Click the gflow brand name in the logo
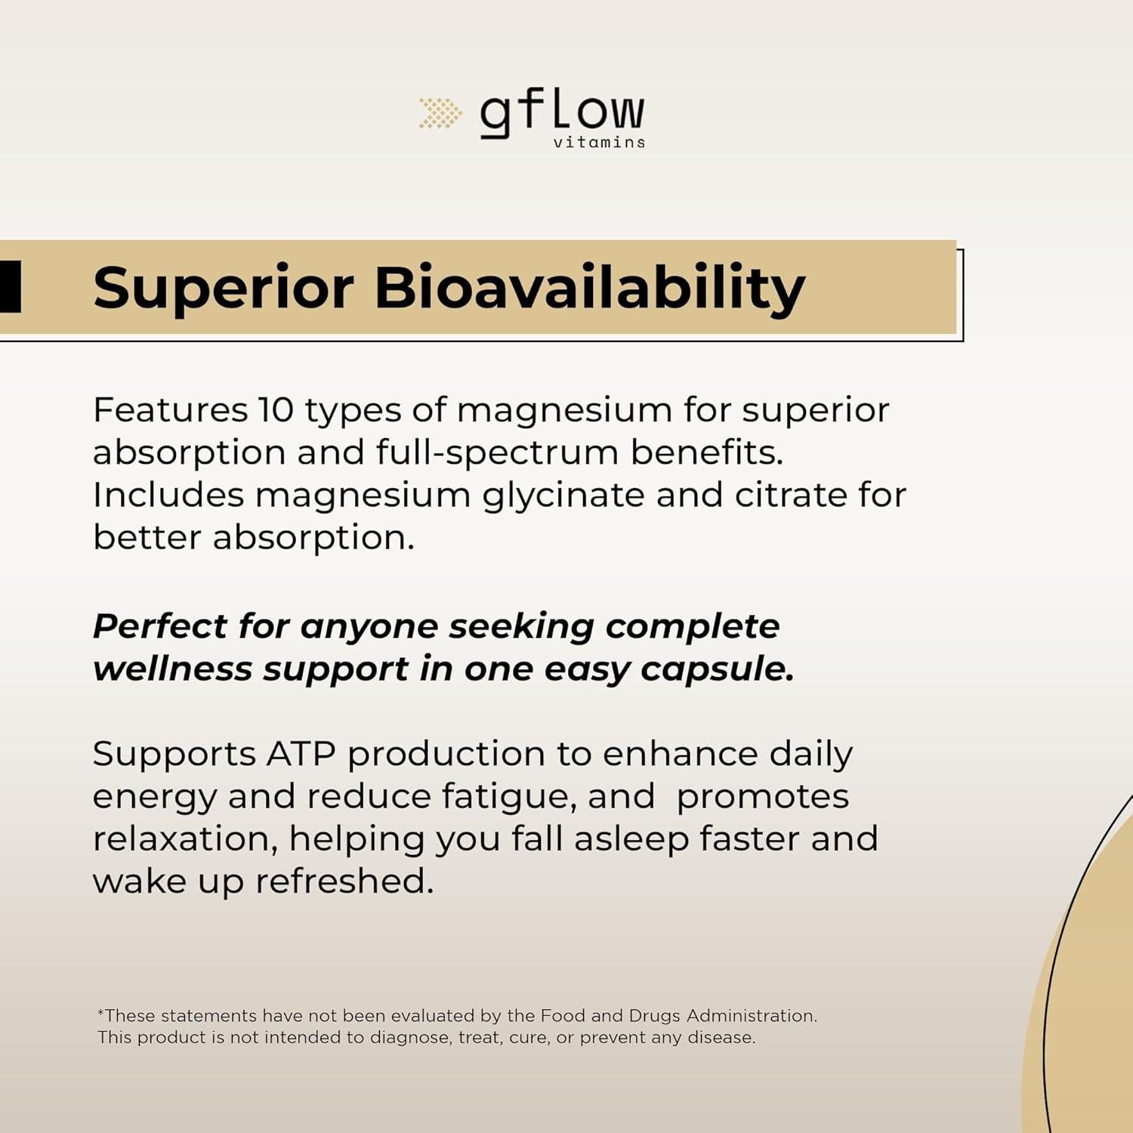(562, 113)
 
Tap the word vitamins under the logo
(599, 142)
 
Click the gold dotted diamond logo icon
(440, 113)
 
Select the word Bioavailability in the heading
(590, 289)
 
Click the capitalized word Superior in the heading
(224, 289)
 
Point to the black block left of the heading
(10, 287)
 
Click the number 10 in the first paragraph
(276, 410)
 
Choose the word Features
(170, 410)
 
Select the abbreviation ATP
(301, 754)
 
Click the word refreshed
(344, 881)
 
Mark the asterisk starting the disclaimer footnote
(100, 1013)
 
